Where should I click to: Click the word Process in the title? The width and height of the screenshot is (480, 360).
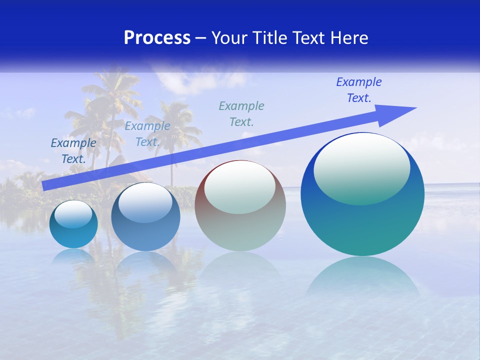(x=157, y=38)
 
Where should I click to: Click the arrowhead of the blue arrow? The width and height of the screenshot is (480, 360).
(x=400, y=112)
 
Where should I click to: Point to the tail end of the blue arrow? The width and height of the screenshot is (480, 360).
(x=45, y=185)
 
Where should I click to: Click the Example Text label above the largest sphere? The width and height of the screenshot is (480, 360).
(x=358, y=90)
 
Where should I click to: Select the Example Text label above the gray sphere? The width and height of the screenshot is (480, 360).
(x=241, y=113)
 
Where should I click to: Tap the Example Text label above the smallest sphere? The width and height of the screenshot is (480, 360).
(x=73, y=151)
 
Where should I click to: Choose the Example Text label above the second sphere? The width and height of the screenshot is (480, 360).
(x=147, y=134)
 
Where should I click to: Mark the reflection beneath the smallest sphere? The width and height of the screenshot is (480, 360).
(x=73, y=256)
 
